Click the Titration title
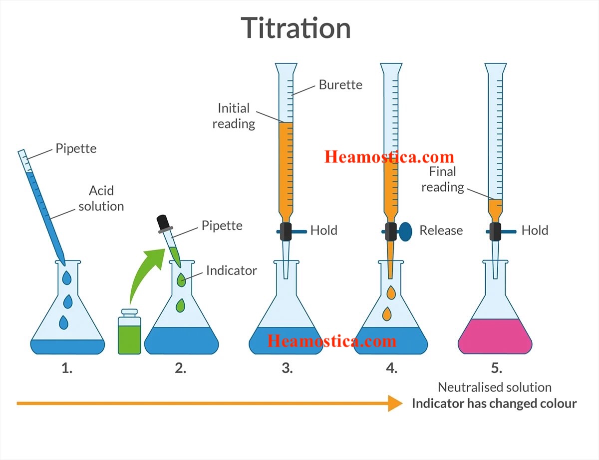[296, 28]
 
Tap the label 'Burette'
[340, 84]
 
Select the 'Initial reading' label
[234, 115]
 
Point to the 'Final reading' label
[442, 179]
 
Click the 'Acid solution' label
[101, 198]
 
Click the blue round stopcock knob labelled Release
[405, 230]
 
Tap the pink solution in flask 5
[495, 336]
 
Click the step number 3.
[287, 368]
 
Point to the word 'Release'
[441, 230]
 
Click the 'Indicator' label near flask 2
[231, 271]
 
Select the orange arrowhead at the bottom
[395, 403]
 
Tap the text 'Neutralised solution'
[494, 387]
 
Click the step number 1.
[67, 368]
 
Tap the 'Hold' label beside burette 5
[535, 230]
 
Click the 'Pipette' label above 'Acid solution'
[76, 148]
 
